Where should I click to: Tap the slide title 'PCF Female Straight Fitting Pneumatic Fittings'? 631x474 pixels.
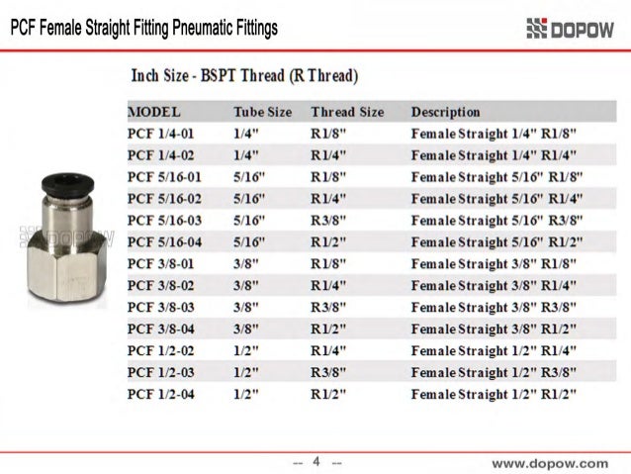click(x=143, y=29)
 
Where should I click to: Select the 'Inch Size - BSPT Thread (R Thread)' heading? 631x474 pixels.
click(x=244, y=76)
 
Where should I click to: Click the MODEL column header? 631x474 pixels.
click(x=154, y=112)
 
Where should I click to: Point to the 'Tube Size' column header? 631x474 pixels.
click(x=262, y=112)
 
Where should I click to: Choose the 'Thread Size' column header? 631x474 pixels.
click(x=347, y=112)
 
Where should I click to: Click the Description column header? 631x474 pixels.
click(x=445, y=112)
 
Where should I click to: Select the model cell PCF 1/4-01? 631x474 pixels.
click(x=161, y=134)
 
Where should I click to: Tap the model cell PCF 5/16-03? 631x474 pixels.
click(x=164, y=220)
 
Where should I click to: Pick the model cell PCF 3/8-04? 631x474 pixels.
click(x=161, y=329)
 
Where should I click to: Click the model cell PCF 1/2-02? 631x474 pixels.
click(x=161, y=350)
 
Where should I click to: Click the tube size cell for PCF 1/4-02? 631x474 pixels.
click(x=246, y=155)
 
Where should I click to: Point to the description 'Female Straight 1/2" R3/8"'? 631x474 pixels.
click(x=494, y=372)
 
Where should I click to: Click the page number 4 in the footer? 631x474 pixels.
click(x=316, y=461)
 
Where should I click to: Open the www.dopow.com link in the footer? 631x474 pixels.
click(x=550, y=462)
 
